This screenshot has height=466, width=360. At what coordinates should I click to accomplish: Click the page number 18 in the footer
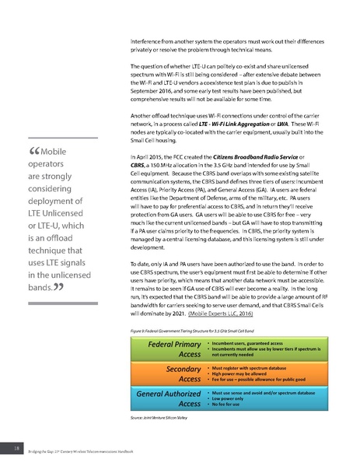click(16, 448)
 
